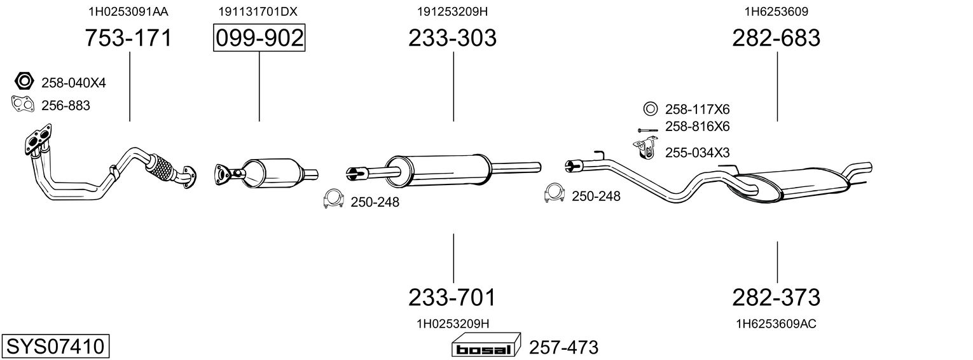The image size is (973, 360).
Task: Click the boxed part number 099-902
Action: point(259,38)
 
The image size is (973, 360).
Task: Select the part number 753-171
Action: point(128,38)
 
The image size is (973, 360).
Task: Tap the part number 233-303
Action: point(452,38)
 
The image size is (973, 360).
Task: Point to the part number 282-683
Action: point(776,38)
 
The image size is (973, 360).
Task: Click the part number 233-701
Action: point(452,298)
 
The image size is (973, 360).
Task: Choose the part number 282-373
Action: point(776,298)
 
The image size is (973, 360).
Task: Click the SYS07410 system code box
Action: point(55,346)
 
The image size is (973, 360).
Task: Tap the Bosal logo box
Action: point(486,346)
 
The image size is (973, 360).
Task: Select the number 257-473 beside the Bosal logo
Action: point(563,347)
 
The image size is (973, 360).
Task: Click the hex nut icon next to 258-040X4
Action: point(24,81)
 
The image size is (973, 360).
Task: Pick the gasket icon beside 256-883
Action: point(23,105)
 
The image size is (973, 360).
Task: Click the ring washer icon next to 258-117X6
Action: point(651,109)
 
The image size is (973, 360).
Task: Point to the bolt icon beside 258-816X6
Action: point(649,130)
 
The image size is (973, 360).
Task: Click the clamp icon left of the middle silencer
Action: point(334,199)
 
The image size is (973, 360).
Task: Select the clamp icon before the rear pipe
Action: point(555,193)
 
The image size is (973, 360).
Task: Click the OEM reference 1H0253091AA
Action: point(128,11)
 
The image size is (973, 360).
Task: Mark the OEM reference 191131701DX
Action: point(258,11)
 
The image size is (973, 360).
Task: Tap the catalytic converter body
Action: point(270,173)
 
